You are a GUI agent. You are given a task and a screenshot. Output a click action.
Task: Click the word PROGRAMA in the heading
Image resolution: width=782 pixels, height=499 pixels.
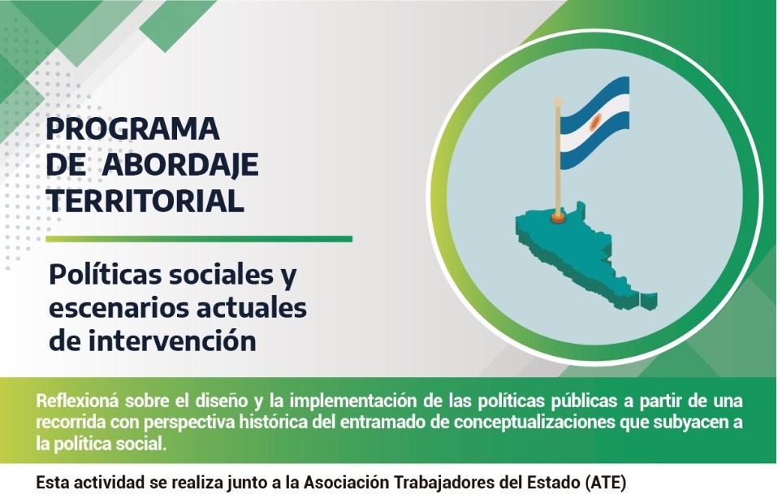click(132, 128)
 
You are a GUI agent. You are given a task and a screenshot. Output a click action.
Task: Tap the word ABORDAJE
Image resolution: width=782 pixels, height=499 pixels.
click(180, 165)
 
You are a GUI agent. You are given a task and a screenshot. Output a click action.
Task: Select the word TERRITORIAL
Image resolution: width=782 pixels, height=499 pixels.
click(145, 201)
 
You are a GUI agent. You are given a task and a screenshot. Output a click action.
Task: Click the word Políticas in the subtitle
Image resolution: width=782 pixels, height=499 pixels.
click(106, 275)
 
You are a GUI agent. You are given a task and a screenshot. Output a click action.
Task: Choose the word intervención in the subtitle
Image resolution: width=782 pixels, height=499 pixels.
click(172, 341)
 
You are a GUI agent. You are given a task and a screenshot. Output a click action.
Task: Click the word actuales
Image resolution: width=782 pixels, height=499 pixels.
click(252, 307)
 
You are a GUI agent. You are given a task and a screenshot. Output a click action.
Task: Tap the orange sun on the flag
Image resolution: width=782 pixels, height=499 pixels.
click(595, 121)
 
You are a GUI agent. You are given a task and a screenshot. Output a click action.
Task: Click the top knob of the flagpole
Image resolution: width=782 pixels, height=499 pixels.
click(558, 102)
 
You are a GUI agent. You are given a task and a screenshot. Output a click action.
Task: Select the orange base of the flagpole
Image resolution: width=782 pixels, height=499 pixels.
click(558, 218)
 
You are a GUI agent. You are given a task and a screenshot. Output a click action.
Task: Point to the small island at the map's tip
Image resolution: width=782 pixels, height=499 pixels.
click(649, 301)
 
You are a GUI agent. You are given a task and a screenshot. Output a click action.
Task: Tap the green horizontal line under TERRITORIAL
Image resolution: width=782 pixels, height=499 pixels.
click(199, 239)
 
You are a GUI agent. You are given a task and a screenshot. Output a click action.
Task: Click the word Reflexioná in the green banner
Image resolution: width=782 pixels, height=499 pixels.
click(77, 401)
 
